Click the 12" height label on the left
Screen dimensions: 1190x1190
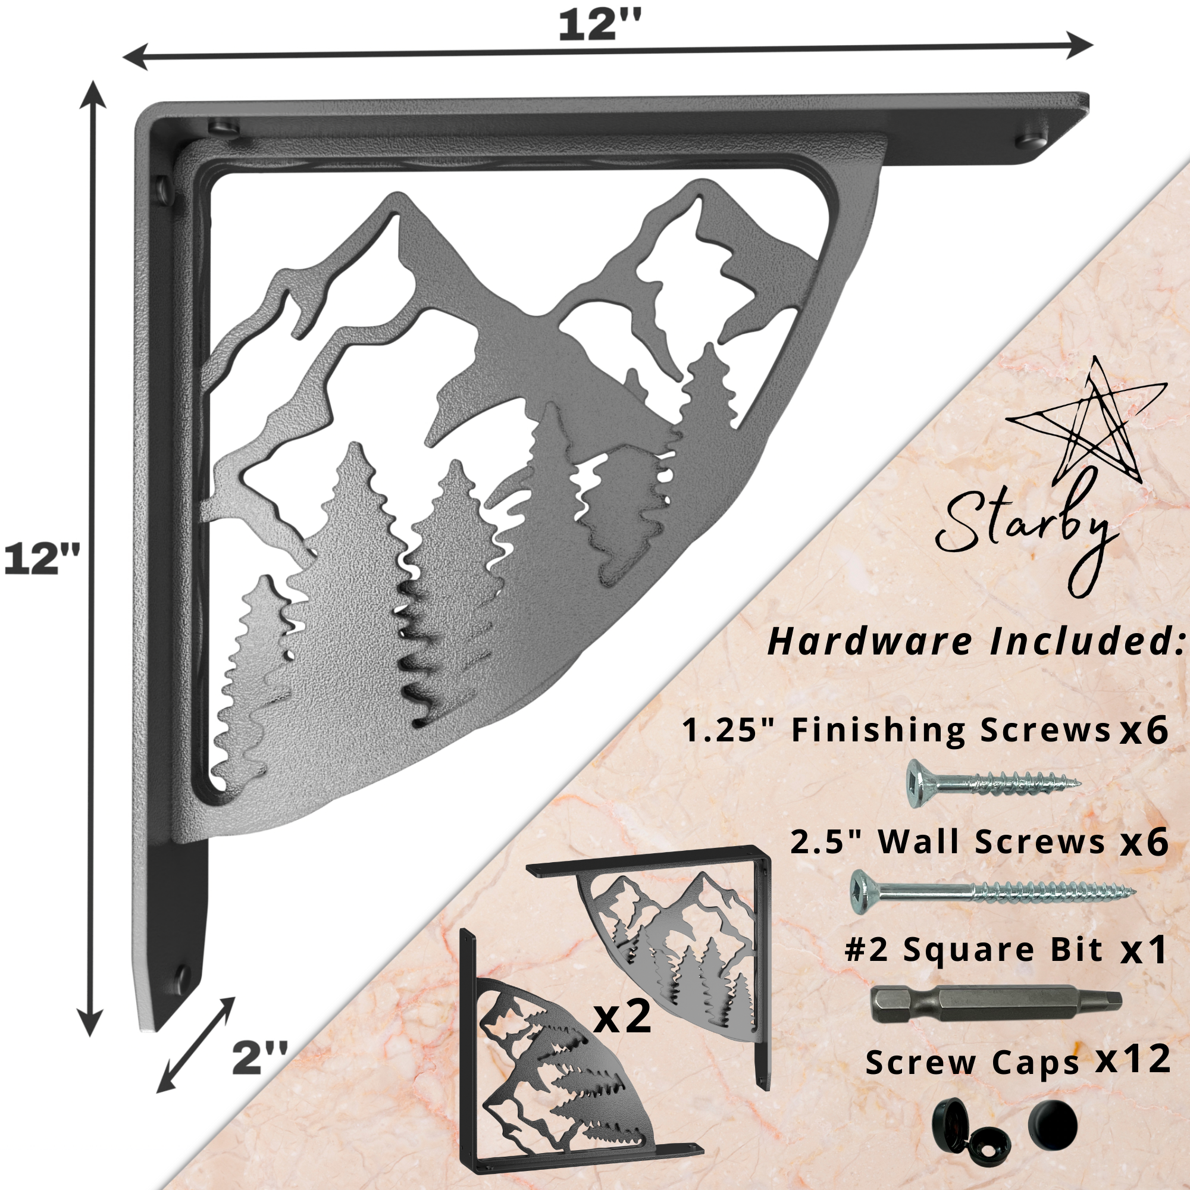(x=42, y=560)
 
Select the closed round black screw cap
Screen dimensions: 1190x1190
(x=1053, y=1124)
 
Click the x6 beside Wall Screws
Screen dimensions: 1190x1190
(x=1144, y=841)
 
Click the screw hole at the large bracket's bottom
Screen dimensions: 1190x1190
(x=181, y=976)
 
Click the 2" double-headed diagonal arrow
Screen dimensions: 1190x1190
(x=196, y=1045)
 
